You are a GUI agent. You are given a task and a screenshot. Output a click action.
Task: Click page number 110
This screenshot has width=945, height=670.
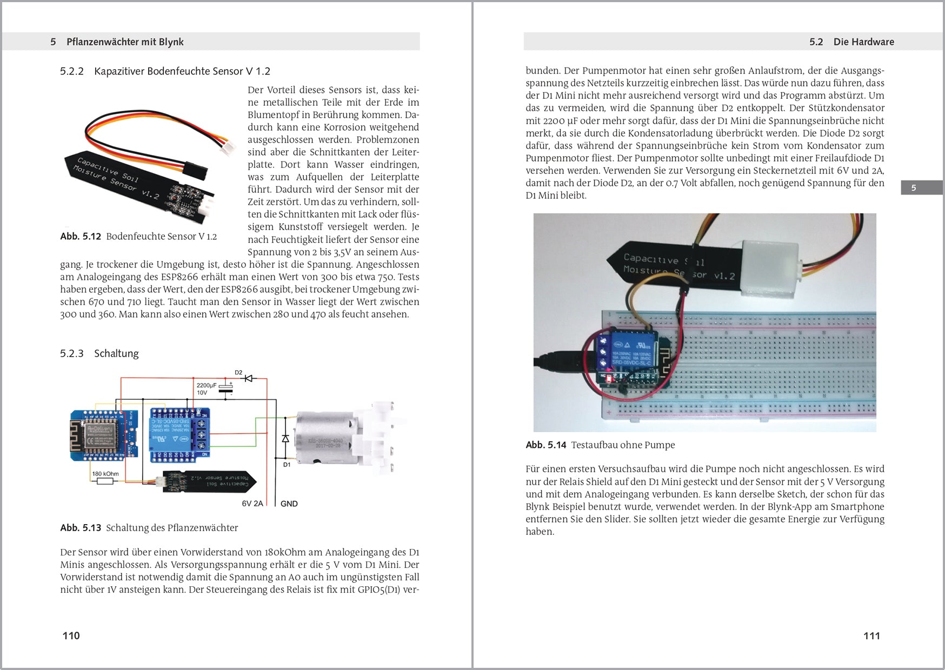(71, 635)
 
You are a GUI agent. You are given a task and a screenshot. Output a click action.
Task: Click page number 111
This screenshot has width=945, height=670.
(871, 635)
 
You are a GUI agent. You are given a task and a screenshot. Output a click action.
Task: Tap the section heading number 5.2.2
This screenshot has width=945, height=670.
(72, 71)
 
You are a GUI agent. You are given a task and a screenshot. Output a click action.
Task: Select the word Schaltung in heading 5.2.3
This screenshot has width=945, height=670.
(116, 353)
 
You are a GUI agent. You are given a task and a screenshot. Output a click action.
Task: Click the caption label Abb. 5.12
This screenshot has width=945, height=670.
(81, 236)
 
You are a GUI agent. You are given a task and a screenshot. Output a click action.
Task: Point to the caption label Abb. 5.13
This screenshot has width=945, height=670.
(81, 528)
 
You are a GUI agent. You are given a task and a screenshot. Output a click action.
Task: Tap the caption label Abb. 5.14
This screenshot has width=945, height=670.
(545, 445)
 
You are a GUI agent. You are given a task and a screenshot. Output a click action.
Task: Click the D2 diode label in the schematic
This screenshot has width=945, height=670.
(238, 372)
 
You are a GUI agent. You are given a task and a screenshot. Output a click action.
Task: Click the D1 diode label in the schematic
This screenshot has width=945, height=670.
(287, 464)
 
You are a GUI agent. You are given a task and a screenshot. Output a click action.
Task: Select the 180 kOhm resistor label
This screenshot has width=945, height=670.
(105, 474)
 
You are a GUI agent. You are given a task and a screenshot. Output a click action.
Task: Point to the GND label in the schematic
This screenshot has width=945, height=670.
(289, 504)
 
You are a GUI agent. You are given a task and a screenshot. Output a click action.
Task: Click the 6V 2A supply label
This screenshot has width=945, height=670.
(252, 504)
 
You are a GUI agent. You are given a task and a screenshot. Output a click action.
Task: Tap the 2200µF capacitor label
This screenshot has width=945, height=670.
(206, 385)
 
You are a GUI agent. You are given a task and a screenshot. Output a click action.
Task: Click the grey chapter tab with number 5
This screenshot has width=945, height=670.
(921, 187)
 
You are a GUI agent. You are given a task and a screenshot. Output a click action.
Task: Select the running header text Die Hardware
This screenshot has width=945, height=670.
(863, 42)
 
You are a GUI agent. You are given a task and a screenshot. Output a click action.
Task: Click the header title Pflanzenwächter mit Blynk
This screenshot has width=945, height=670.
(125, 42)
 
